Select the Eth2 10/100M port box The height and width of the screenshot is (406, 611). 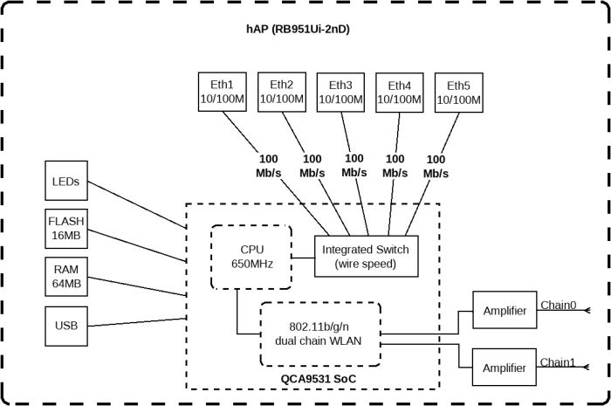(281, 92)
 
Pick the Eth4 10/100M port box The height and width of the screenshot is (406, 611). (399, 92)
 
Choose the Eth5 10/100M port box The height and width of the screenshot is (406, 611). (458, 92)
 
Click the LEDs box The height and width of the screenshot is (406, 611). (66, 182)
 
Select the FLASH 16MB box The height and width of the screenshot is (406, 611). (66, 228)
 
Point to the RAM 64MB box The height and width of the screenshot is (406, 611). (66, 277)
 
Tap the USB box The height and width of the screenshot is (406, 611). (66, 326)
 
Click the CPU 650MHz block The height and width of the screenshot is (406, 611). (251, 257)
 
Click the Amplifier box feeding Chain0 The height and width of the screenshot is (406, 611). (504, 312)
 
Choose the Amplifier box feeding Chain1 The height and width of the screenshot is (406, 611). (504, 368)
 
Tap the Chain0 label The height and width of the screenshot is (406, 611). (559, 305)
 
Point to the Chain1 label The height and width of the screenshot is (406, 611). (559, 361)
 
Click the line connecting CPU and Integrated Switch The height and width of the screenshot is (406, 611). (302, 258)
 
